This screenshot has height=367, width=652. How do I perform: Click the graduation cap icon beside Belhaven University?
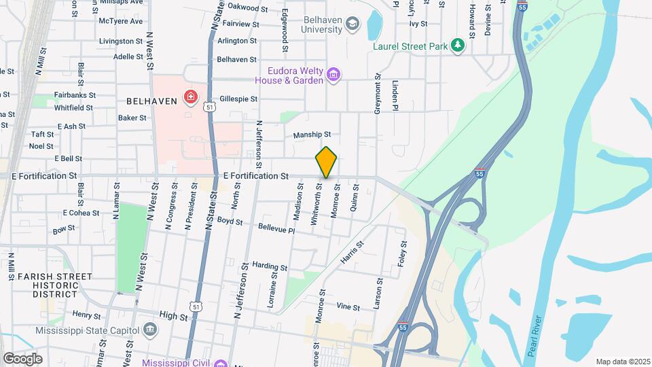[x=352, y=25]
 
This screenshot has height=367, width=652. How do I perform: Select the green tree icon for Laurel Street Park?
[x=459, y=46]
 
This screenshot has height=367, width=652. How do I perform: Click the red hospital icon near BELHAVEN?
[x=191, y=98]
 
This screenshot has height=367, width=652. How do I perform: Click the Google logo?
[x=22, y=358]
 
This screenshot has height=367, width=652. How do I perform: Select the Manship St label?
[x=312, y=135]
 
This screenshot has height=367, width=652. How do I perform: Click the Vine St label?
[x=348, y=307]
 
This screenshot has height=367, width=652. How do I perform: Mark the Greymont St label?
[x=378, y=94]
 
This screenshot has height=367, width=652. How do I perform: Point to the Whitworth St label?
[x=315, y=208]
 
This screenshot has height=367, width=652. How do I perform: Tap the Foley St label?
[x=403, y=254]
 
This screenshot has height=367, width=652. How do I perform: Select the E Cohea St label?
[x=81, y=213]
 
